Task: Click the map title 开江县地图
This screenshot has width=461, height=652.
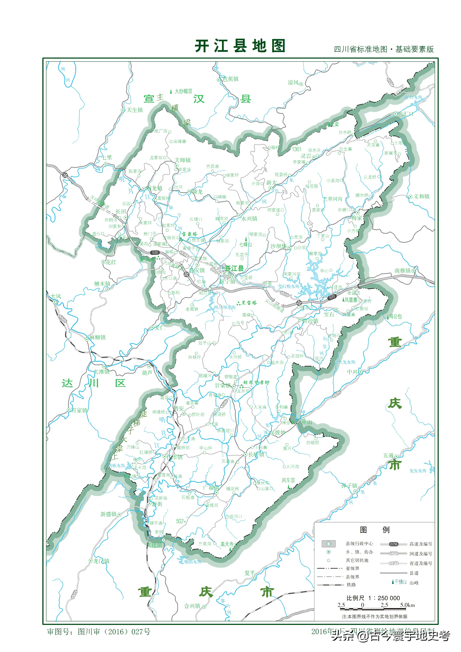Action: [x=240, y=46]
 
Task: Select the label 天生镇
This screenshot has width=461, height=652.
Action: [x=134, y=110]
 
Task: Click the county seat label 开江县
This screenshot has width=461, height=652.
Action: [x=235, y=268]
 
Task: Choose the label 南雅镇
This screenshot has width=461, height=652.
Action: [x=403, y=271]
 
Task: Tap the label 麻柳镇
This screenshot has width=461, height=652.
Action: [x=97, y=337]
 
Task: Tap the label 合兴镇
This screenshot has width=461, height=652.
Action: [x=192, y=606]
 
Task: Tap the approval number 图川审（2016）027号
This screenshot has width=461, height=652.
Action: [x=114, y=632]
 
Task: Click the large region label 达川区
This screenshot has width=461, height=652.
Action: [x=94, y=383]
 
